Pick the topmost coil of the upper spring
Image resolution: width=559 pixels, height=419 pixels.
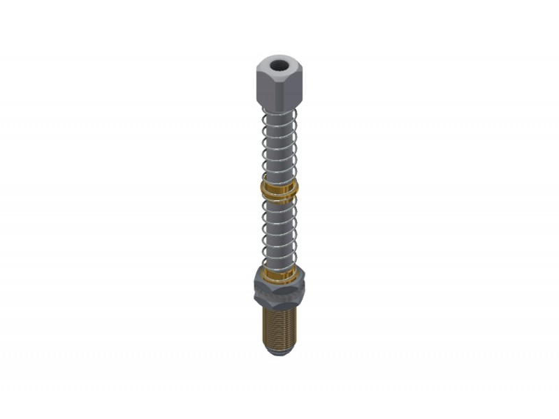(x=279, y=112)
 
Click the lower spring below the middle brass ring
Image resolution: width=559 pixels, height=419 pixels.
(x=279, y=230)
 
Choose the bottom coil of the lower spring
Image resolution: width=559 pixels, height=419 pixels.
(x=279, y=264)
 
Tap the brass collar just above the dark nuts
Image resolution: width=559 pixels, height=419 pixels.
(x=279, y=273)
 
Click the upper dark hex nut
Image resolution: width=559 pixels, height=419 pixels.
(x=279, y=284)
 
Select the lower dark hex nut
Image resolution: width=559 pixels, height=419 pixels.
(x=279, y=298)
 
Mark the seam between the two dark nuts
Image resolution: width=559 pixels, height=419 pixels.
(x=279, y=291)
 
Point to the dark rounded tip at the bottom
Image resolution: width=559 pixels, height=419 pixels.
(x=279, y=351)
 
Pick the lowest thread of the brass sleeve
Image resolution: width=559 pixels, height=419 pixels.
(x=279, y=346)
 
